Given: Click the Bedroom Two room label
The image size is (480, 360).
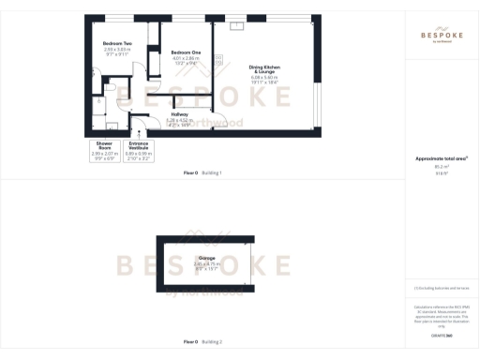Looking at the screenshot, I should coord(117,44).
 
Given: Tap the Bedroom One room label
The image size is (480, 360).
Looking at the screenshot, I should coord(187,52).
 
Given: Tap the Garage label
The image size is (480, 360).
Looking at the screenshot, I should coord(205,256).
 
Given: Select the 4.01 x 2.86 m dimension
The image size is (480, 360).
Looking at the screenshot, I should coord(187,58).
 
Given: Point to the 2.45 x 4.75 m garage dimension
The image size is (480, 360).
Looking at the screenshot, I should coord(205,262).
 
